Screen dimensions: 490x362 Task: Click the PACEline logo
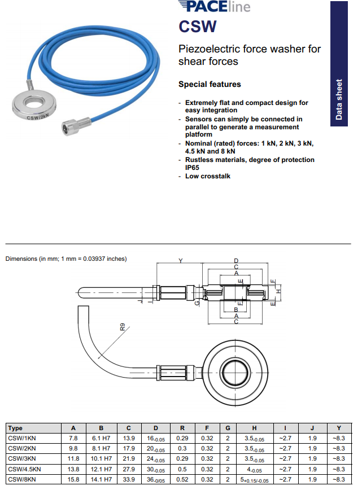[x=213, y=7]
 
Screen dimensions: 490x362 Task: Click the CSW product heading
[x=198, y=26]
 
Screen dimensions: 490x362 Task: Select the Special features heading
[x=210, y=85]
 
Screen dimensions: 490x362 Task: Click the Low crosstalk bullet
[x=208, y=176]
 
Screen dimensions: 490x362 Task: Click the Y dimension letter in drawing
[x=180, y=261]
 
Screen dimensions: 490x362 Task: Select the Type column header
[x=16, y=428]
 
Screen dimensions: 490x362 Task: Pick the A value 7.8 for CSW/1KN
[x=73, y=438]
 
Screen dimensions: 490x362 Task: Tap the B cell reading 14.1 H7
[x=102, y=480]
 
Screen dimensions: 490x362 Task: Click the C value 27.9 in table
[x=129, y=469]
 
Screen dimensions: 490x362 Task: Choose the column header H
[x=254, y=428]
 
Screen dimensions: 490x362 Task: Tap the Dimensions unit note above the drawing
[x=66, y=259]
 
